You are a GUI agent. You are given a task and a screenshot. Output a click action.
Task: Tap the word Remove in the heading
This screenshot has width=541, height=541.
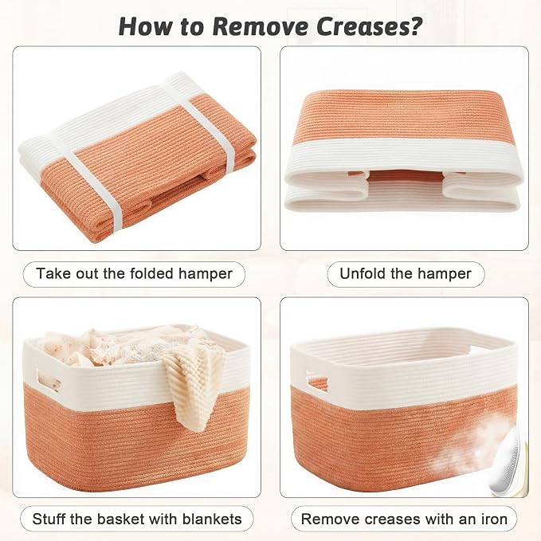coord(261,26)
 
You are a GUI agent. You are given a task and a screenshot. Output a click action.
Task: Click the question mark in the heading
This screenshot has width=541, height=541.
coord(414,26)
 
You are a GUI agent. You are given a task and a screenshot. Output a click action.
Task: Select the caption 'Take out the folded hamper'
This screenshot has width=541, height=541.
coord(134,274)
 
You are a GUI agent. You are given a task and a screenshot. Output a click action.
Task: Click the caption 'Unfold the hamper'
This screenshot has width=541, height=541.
coord(406,274)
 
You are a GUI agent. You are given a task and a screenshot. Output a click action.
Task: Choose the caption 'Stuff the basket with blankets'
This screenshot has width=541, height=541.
coord(137,519)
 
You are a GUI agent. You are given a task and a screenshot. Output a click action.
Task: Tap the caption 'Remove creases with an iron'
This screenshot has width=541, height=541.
coord(404,519)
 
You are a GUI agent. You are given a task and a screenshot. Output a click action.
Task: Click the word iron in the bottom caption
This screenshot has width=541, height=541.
coord(494,519)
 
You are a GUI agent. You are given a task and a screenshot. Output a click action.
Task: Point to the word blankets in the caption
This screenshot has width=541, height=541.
coord(212,519)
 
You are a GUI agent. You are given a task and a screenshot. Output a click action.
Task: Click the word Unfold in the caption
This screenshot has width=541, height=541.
coord(363,274)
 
